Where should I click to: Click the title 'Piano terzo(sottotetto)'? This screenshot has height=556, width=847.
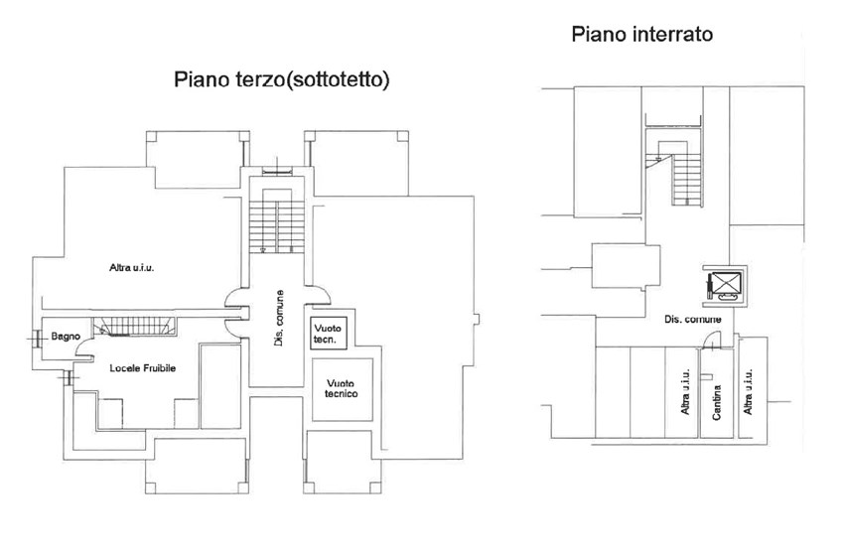coord(281,79)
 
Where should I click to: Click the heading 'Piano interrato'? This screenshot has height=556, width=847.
coord(642,36)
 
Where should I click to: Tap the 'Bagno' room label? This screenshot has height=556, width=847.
coord(66,337)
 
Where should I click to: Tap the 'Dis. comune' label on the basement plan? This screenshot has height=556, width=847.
coord(692,320)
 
